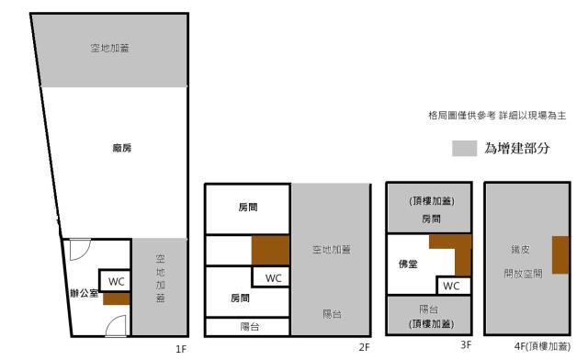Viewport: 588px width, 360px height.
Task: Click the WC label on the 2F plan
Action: [x=274, y=277]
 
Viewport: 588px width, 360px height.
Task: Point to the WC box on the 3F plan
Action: [x=457, y=286]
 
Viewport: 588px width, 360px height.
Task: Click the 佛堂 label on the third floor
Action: [x=408, y=264]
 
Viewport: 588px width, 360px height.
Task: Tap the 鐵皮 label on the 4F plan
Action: [x=518, y=249]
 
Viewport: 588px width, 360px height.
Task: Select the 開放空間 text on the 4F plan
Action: [x=518, y=274]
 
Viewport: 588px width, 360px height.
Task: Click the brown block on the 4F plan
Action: [x=560, y=255]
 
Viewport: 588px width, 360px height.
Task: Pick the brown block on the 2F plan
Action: [x=271, y=249]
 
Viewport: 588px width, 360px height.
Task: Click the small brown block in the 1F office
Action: [x=116, y=298]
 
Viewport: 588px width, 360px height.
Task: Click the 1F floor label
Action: [x=181, y=349]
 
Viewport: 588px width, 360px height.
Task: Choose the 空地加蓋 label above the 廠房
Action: [x=109, y=48]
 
